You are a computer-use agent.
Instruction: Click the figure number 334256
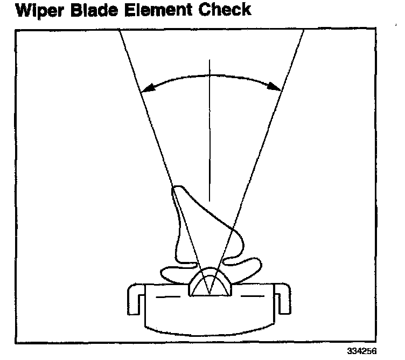click(361, 350)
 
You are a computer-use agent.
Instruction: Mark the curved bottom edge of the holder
click(210, 330)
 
